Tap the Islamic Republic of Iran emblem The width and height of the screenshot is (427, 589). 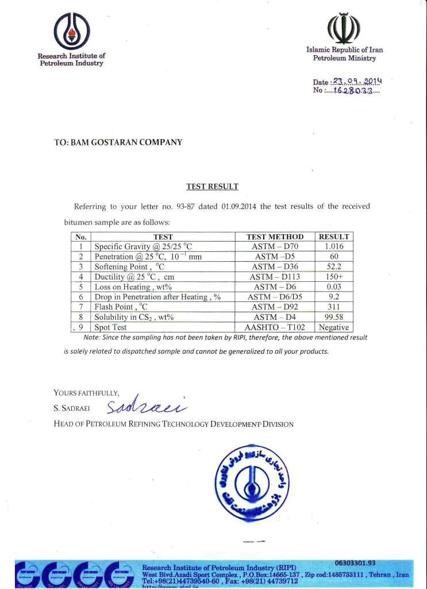(x=344, y=28)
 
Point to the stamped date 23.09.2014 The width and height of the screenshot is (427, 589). (x=356, y=82)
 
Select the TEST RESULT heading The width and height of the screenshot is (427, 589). (x=212, y=186)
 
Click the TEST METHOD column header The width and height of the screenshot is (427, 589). (x=275, y=236)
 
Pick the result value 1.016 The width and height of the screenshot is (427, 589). (x=334, y=246)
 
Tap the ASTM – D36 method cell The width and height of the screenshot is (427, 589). (x=275, y=266)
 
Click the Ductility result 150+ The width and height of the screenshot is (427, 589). (x=334, y=277)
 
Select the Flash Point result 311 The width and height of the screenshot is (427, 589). (x=334, y=307)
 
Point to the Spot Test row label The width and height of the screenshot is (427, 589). (x=110, y=327)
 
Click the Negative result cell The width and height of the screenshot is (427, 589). (x=334, y=327)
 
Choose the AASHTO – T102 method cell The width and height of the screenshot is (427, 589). (x=275, y=327)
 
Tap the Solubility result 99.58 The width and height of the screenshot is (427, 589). (x=334, y=317)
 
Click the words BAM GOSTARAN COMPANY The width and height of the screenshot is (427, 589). (x=134, y=142)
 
